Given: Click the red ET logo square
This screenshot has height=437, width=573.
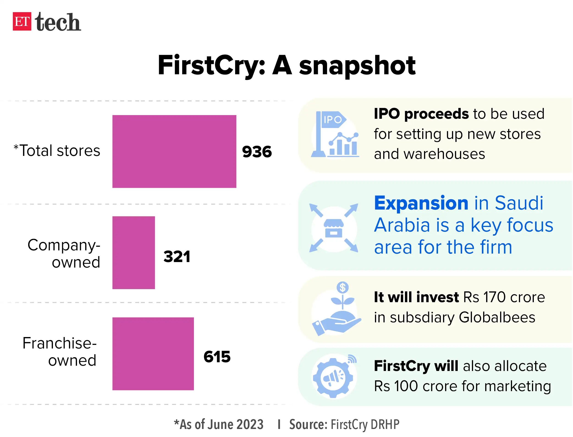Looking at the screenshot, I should [x=22, y=21].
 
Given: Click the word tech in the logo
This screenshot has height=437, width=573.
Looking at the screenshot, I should [x=58, y=22].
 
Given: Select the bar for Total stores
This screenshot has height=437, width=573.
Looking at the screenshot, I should [x=174, y=151].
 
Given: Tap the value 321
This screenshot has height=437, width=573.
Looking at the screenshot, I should [x=177, y=257].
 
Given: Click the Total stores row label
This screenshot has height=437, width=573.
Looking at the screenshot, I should [x=57, y=151].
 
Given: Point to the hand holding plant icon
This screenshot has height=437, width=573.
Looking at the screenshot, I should [x=337, y=310].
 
